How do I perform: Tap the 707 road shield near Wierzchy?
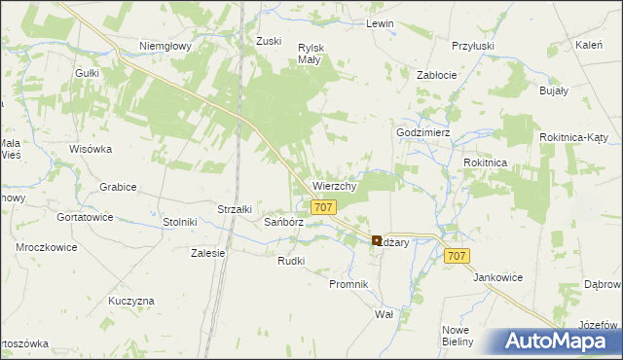coord(324,207)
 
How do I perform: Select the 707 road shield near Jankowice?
coord(458,256)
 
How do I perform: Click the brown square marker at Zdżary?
coord(377,240)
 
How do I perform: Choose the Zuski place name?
coord(268,41)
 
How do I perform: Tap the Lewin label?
coord(379,22)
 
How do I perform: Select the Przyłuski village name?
coord(473,46)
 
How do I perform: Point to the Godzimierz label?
coord(421,132)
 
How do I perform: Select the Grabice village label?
coord(118,187)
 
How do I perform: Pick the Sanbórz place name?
coord(285,222)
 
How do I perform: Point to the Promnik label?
coord(348,284)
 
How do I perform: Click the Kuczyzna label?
coord(131,301)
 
